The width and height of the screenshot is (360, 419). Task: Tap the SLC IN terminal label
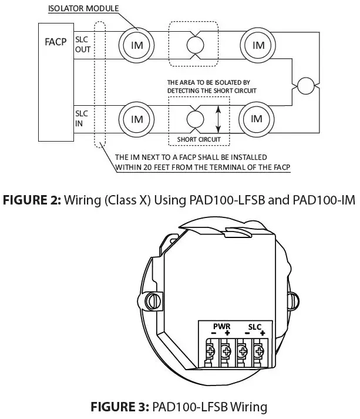click(81, 116)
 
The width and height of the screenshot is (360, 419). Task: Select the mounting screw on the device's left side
click(155, 301)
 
